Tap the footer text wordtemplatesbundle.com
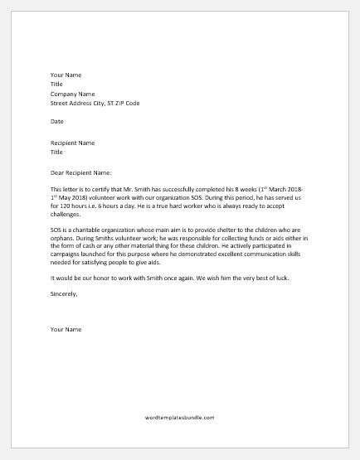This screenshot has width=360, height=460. click(179, 418)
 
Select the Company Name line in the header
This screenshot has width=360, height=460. click(72, 94)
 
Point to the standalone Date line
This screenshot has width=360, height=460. click(56, 121)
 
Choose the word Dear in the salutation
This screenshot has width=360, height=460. click(57, 172)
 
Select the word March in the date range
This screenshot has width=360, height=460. click(274, 189)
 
